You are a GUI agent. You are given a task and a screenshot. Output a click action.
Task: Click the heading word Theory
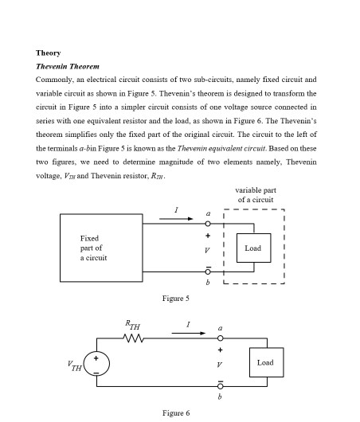(x=48, y=53)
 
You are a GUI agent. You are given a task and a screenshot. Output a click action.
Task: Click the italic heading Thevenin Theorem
(x=68, y=66)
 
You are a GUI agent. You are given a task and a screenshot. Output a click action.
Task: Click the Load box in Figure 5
(x=253, y=248)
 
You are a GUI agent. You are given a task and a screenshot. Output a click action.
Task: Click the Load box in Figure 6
(x=265, y=362)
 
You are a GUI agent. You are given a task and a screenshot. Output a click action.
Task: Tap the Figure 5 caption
(x=175, y=298)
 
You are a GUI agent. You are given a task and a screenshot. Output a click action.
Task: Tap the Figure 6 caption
(x=175, y=413)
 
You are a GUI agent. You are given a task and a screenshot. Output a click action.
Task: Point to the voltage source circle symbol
(x=96, y=364)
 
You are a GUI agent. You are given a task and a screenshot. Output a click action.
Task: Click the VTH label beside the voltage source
(x=74, y=366)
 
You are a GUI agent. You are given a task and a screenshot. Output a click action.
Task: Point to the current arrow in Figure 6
(x=189, y=333)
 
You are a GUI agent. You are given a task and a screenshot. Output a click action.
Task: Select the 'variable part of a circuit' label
(x=256, y=194)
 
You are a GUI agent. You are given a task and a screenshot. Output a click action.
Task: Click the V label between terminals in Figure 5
(x=208, y=248)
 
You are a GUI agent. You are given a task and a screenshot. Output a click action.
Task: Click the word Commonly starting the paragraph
(x=53, y=80)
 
